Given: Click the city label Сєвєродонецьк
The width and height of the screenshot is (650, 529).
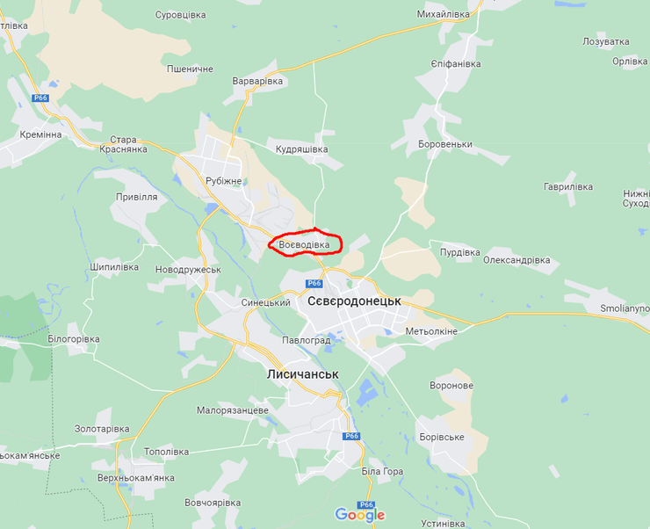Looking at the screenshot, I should (x=354, y=301).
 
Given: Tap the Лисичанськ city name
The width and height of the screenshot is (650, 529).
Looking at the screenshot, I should (x=302, y=374).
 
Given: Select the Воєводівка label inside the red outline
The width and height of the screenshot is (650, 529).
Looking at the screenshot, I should (x=304, y=243).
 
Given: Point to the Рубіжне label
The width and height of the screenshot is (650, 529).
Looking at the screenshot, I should (x=223, y=181).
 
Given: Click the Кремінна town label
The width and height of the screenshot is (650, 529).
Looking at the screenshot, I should (x=40, y=134).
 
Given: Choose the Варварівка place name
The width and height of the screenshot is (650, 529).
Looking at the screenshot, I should (x=257, y=81).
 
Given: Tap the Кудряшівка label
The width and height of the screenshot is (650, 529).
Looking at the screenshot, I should (x=301, y=149).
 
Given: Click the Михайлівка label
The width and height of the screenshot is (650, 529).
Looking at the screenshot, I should (x=444, y=15).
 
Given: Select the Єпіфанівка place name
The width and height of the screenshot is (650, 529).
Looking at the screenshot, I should (x=456, y=64).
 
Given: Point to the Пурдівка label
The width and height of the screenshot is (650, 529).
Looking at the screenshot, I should (x=459, y=252).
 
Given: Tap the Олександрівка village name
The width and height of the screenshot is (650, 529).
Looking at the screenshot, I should (x=516, y=260).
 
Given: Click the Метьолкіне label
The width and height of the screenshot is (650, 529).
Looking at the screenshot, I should (x=431, y=331).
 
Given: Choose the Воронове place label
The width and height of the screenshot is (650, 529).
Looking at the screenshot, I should (x=452, y=386).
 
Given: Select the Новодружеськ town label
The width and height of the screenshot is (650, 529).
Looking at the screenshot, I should (x=187, y=270).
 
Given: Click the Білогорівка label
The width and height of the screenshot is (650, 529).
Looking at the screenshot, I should (x=74, y=339).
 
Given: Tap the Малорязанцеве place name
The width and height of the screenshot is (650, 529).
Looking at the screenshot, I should (x=233, y=410).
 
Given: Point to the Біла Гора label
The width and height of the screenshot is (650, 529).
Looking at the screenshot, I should (x=382, y=472).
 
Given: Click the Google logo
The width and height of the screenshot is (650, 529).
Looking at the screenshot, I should (x=359, y=515).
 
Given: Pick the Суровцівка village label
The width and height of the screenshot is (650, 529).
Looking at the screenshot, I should (x=180, y=16).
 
